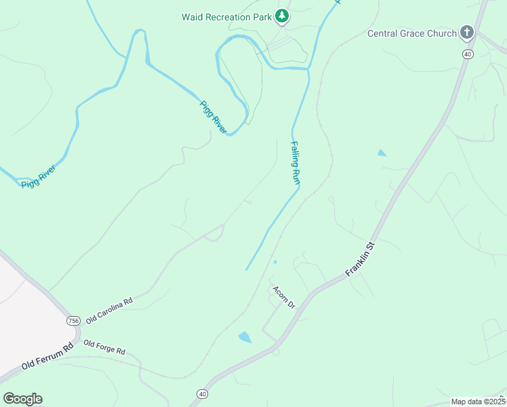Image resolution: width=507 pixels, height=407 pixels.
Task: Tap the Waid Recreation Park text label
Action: (x=226, y=16)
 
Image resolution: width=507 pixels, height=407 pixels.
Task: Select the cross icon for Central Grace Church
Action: (x=466, y=32)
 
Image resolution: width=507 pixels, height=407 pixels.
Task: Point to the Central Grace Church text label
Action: (x=412, y=33)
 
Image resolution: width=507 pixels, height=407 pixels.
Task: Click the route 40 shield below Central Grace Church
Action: (x=468, y=54)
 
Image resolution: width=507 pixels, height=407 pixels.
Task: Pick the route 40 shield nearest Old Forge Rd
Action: (x=202, y=393)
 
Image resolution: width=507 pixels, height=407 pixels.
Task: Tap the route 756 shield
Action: (x=74, y=319)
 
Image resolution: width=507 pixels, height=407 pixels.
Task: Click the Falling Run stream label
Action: (x=296, y=162)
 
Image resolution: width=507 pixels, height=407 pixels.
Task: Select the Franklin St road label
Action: (x=360, y=257)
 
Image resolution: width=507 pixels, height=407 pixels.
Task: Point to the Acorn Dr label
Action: (x=285, y=297)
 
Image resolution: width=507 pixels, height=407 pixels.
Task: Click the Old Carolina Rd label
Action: (x=108, y=309)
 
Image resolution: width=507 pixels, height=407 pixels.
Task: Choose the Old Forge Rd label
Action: (x=104, y=347)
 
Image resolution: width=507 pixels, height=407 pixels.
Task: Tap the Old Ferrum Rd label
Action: (x=46, y=357)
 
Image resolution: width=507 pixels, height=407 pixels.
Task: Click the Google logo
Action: (x=22, y=398)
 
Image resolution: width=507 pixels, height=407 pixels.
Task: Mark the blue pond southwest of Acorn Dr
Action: (x=245, y=337)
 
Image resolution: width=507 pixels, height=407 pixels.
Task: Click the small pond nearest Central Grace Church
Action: (x=382, y=153)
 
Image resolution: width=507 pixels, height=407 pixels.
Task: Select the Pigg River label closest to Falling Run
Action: (x=212, y=116)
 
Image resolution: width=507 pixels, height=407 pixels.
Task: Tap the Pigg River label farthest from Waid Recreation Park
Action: (x=38, y=176)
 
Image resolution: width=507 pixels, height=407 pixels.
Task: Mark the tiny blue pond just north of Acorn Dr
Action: (x=275, y=262)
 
